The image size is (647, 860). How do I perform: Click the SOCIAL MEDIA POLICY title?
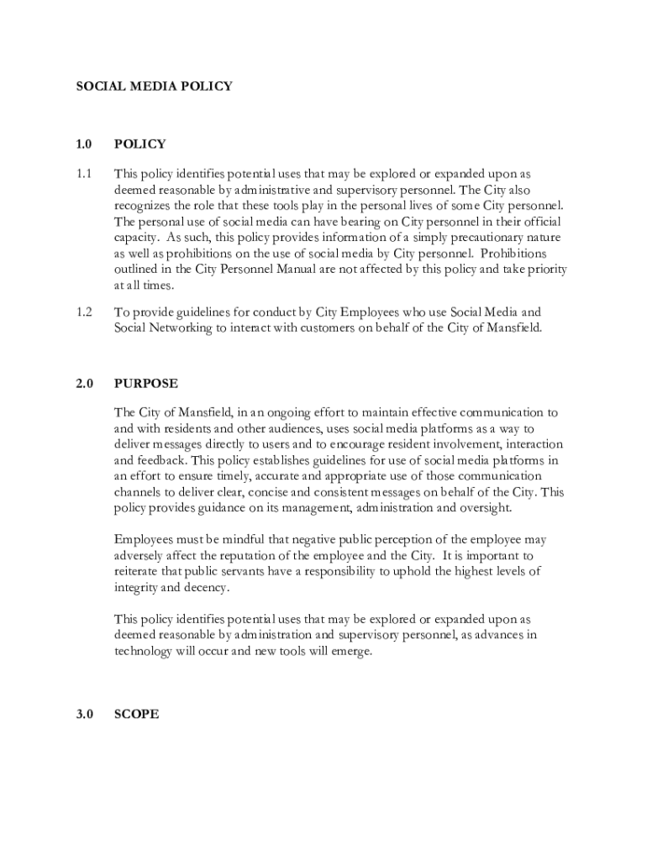154,86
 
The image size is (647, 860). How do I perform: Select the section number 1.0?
83,144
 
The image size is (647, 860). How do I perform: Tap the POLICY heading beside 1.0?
140,144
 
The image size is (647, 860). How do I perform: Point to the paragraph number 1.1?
83,174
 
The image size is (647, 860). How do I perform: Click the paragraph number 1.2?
83,312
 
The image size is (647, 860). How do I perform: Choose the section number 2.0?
83,384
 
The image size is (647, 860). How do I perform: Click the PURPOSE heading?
146,384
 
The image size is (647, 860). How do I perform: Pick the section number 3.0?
83,715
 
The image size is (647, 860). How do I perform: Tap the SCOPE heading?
136,715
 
